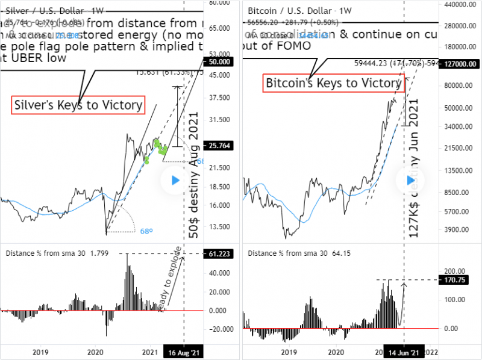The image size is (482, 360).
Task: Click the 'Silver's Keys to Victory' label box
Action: (x=78, y=105)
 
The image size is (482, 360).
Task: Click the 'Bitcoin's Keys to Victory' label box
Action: (x=333, y=83)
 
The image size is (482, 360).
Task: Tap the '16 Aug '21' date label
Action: (x=183, y=353)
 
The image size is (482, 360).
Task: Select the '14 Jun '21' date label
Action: (x=402, y=353)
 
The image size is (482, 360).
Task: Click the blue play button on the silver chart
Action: (x=175, y=180)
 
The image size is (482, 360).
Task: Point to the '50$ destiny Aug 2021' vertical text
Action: (x=194, y=175)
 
